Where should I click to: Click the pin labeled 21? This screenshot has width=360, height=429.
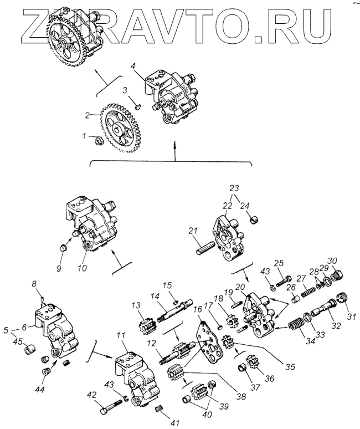click(x=205, y=244)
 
